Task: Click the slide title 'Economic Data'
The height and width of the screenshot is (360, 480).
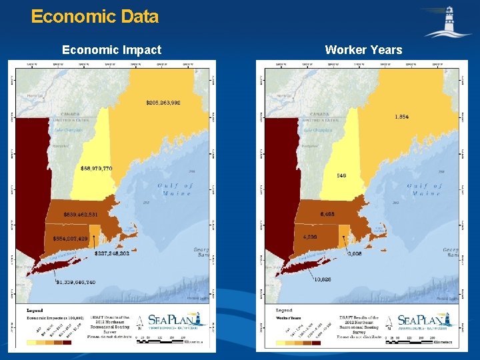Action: [x=95, y=17]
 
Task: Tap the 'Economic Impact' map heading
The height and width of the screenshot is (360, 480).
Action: [x=111, y=50]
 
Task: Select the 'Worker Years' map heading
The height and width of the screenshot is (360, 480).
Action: [x=363, y=50]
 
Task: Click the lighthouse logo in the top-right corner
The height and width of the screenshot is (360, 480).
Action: [x=447, y=22]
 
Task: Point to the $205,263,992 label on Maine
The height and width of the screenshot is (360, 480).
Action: [x=163, y=103]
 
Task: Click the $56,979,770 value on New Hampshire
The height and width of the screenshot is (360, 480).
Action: [x=97, y=169]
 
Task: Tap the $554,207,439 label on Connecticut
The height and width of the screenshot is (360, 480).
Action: [x=65, y=238]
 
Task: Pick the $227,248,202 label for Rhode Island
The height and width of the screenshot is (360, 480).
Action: [x=112, y=253]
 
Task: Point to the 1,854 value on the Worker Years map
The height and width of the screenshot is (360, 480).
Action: [x=402, y=117]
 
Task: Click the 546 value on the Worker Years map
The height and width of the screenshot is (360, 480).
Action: [x=341, y=175]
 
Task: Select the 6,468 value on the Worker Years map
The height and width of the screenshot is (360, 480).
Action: [x=328, y=215]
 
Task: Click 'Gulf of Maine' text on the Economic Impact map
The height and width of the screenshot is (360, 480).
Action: [x=175, y=189]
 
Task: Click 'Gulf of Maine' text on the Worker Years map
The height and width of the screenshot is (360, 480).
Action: [x=425, y=189]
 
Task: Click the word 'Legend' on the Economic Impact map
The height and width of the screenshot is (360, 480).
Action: [x=34, y=311]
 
